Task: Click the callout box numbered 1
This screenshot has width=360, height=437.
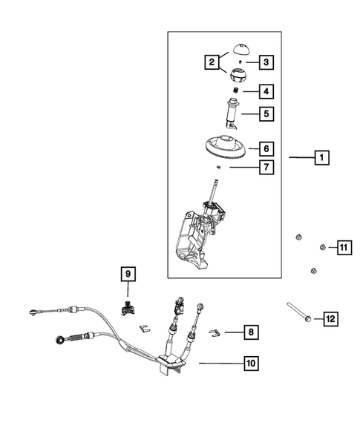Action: (321, 157)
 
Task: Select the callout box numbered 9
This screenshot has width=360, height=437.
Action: (127, 275)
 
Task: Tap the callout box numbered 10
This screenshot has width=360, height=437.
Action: (252, 363)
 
